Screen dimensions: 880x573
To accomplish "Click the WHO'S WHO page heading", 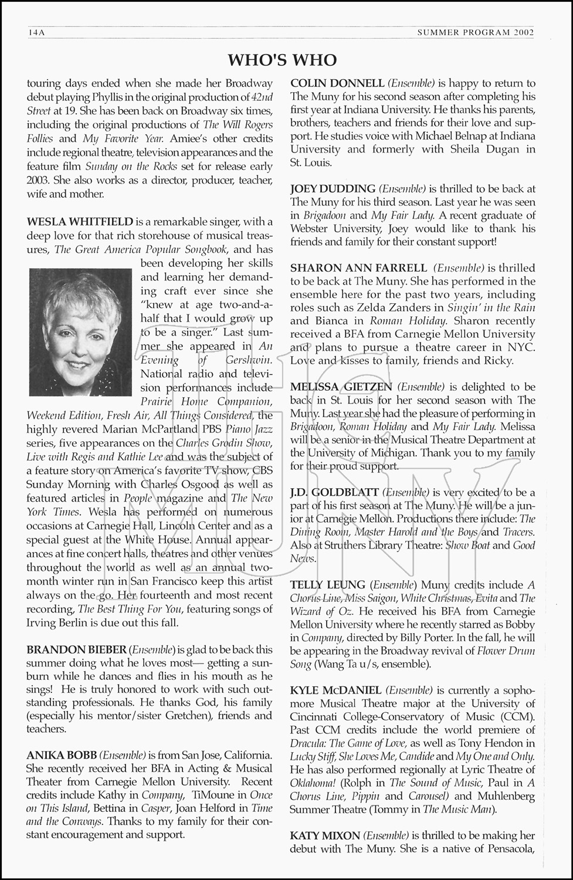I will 282,60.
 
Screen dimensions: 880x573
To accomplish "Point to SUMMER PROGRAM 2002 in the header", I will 475,33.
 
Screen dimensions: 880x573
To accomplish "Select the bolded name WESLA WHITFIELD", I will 80,222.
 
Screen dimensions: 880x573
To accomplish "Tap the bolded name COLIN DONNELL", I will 337,83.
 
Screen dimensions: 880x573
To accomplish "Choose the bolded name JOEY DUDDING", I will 333,189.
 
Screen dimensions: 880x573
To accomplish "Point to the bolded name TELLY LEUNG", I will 327,585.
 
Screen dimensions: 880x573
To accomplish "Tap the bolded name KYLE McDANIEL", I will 335,690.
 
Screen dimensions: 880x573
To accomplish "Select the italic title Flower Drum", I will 505,651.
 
